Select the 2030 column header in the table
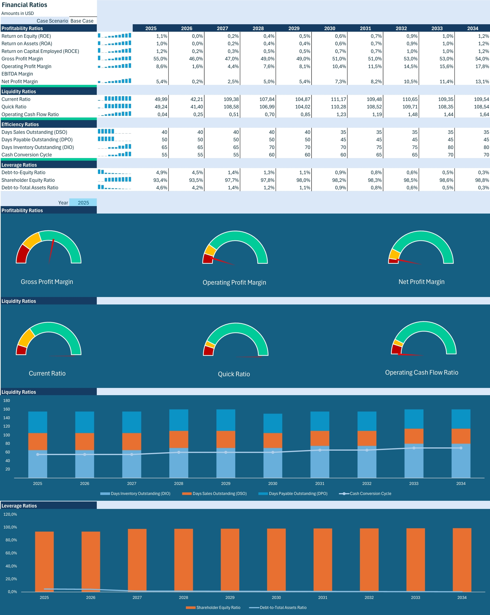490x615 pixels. [329, 28]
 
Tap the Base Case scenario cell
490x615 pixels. [82, 21]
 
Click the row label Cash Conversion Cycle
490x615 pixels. [27, 155]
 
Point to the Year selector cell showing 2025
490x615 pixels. [83, 203]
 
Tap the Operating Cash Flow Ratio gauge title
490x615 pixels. [421, 372]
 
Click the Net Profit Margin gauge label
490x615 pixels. [421, 282]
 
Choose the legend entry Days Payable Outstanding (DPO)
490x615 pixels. [298, 494]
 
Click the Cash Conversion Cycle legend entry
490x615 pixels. [370, 494]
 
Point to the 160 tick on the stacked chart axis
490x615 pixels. [7, 409]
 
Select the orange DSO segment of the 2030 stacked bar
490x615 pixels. [273, 440]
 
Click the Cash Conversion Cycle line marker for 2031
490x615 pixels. [320, 450]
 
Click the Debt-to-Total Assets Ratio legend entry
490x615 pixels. [283, 607]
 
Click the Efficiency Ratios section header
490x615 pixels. [20, 124]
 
